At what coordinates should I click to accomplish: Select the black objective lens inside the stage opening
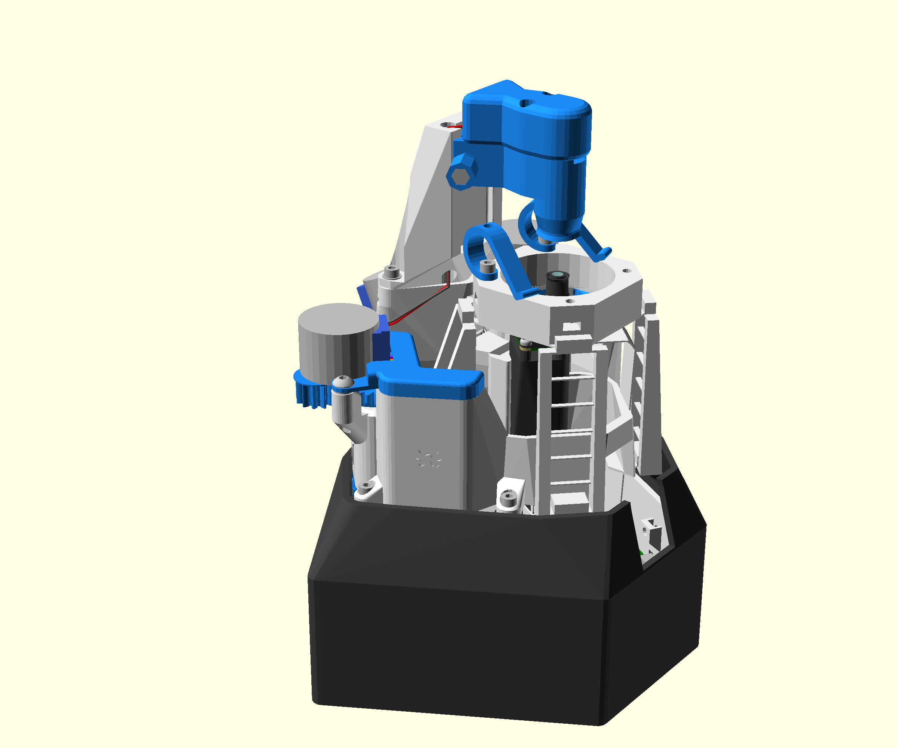[557, 282]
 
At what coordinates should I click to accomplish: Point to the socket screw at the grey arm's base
[391, 271]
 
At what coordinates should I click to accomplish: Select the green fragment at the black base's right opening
[642, 554]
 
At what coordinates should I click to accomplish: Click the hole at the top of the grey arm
[447, 125]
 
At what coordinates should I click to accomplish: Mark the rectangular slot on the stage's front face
[572, 327]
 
